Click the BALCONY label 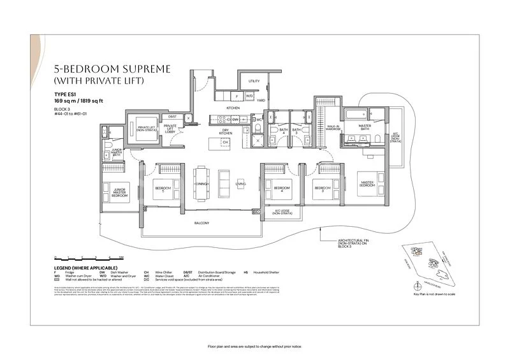(x=203, y=223)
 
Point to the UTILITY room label (x=254, y=82)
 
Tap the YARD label (x=261, y=101)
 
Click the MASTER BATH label (x=364, y=126)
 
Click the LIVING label (x=240, y=184)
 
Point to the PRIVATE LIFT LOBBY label (x=171, y=128)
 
